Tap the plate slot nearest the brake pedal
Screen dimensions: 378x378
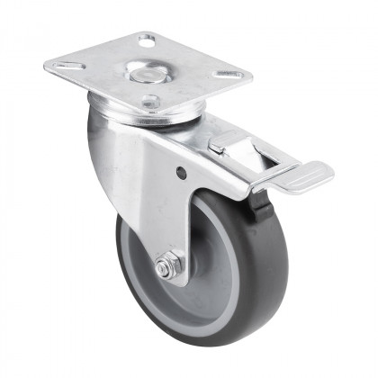(x=229, y=74)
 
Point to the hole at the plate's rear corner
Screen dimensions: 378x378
(x=147, y=40)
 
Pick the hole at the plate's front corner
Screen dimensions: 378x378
(x=150, y=101)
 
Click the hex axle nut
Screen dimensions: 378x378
(x=165, y=267)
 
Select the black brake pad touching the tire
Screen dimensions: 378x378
(x=262, y=202)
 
